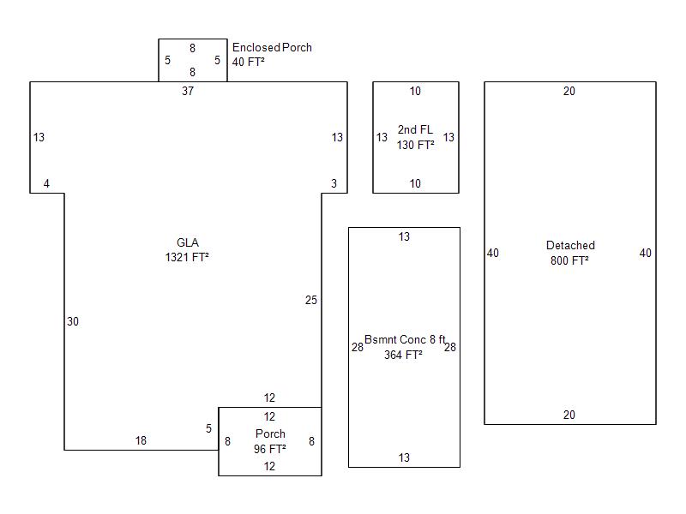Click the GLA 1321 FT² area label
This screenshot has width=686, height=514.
pos(187,249)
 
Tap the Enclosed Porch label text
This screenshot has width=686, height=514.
pos(272,48)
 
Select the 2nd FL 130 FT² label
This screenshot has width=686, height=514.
pos(415,137)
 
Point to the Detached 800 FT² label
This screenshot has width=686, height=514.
pos(570,253)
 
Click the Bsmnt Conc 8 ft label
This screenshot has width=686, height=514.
pos(405,340)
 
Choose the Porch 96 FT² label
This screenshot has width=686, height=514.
pos(270,441)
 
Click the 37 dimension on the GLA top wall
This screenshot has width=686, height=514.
pos(188,92)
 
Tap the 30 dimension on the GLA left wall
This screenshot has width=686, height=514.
pos(73,321)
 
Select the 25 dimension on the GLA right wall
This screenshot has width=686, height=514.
pos(310,300)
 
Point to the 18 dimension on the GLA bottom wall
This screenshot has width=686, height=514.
pos(141,441)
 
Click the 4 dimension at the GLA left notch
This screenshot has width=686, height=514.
pos(46,183)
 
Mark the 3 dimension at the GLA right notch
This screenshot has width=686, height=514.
pos(334,183)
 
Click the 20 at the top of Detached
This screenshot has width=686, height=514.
pos(569,92)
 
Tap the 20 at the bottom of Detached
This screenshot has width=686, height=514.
pos(569,415)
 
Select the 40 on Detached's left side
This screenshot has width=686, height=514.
pos(493,253)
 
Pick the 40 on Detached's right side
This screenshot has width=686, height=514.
pos(646,253)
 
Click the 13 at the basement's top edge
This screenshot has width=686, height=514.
pos(404,237)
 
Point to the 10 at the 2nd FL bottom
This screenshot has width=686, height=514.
pos(415,183)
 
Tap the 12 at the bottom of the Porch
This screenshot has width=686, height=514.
pos(269,467)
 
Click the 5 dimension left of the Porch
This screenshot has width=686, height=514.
pos(208,428)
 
